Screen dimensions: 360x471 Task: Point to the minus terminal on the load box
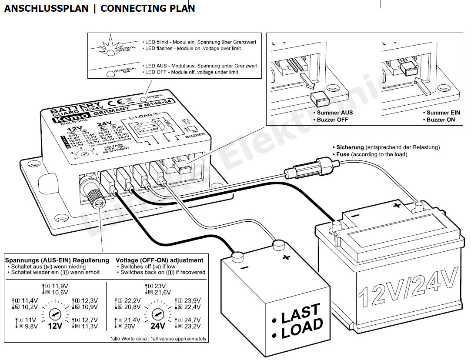(237, 256)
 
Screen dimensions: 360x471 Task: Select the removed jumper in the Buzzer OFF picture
(319, 100)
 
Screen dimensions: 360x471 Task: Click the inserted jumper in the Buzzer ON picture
(409, 69)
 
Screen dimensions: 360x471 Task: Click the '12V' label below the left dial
(55, 326)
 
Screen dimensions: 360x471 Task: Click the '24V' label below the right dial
(157, 326)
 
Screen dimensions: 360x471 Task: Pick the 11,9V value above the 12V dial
(60, 286)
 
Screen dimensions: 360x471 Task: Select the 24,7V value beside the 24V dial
(190, 320)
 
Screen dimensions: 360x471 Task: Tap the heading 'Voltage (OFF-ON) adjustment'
(160, 260)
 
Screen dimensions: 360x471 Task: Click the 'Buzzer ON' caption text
(441, 119)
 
